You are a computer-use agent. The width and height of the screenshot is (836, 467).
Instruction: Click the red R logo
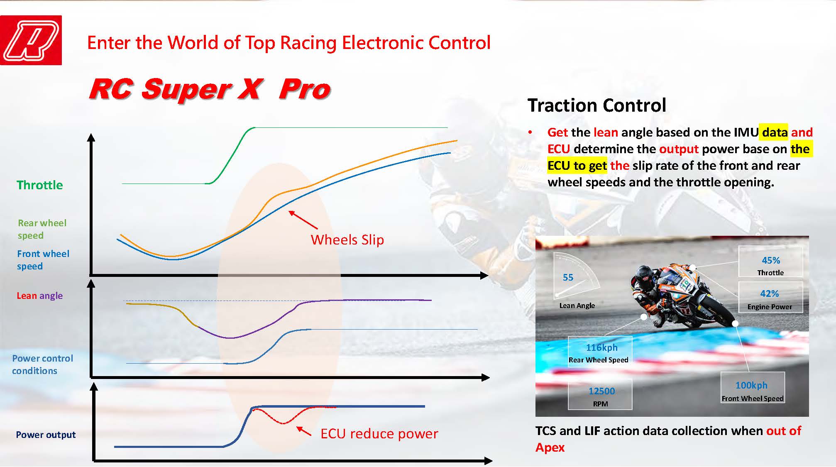click(x=31, y=40)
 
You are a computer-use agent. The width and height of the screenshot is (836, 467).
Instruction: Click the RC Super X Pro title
click(x=210, y=89)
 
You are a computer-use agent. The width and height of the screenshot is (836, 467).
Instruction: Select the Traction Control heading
click(x=596, y=105)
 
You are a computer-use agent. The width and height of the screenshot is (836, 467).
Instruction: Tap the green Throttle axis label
click(x=40, y=185)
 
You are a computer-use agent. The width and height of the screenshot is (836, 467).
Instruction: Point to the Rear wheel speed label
click(x=42, y=229)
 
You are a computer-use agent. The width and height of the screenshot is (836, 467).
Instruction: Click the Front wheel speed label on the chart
click(x=43, y=260)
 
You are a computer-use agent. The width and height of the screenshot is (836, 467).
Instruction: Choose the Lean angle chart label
click(x=40, y=296)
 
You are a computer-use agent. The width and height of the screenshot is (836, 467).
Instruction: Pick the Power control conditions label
click(x=42, y=364)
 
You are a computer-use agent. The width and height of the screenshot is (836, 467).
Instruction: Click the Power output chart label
click(x=46, y=435)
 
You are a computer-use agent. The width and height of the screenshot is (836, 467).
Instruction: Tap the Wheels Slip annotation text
click(x=347, y=240)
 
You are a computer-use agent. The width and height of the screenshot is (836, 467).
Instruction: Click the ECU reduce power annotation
click(x=379, y=434)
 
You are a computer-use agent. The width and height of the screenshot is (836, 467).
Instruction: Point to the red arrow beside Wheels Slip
click(x=303, y=220)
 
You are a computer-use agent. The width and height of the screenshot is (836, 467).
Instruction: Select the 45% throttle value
click(x=771, y=260)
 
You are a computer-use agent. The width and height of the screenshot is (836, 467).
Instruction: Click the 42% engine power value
click(x=770, y=293)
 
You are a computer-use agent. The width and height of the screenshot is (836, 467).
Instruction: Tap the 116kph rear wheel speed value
click(x=601, y=347)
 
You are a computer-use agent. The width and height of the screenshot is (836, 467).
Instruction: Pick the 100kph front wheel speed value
click(x=751, y=385)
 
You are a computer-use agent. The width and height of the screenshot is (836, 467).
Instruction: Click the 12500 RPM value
click(x=601, y=391)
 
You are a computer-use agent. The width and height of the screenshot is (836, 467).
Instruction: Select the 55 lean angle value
click(x=568, y=277)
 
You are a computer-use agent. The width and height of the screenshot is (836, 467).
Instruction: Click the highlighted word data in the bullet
click(x=775, y=132)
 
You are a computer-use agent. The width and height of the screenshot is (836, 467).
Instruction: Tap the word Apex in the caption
click(x=550, y=447)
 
